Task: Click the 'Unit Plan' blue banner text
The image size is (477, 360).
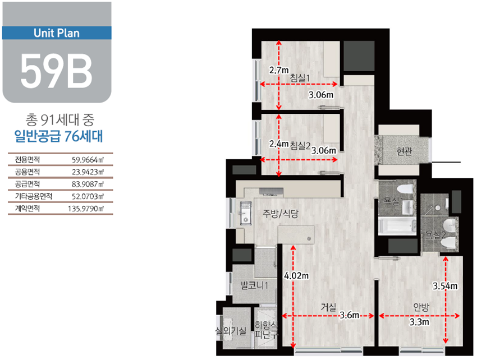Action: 57,33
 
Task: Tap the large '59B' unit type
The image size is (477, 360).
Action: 56,71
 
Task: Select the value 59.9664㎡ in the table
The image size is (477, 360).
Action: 88,160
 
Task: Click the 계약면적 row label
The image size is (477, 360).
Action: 27,208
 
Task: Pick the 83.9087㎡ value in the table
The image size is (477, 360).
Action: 88,184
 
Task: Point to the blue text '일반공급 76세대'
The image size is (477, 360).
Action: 58,136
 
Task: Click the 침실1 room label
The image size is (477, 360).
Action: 300,78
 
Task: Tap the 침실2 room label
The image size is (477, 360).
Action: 300,146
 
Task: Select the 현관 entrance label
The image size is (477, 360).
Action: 404,151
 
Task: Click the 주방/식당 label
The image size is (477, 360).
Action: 281,214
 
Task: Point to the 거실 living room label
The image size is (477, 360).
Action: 328,307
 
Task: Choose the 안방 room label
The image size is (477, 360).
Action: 421,307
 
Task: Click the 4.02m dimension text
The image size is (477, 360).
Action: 296,276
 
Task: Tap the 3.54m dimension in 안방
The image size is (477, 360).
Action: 445,286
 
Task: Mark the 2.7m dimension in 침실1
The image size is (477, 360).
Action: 279,70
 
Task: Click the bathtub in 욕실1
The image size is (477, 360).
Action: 397,226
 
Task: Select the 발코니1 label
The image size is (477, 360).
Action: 254,285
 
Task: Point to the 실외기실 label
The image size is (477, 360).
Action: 231,331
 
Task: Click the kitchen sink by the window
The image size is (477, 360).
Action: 245,213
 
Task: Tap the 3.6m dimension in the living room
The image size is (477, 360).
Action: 349,315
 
